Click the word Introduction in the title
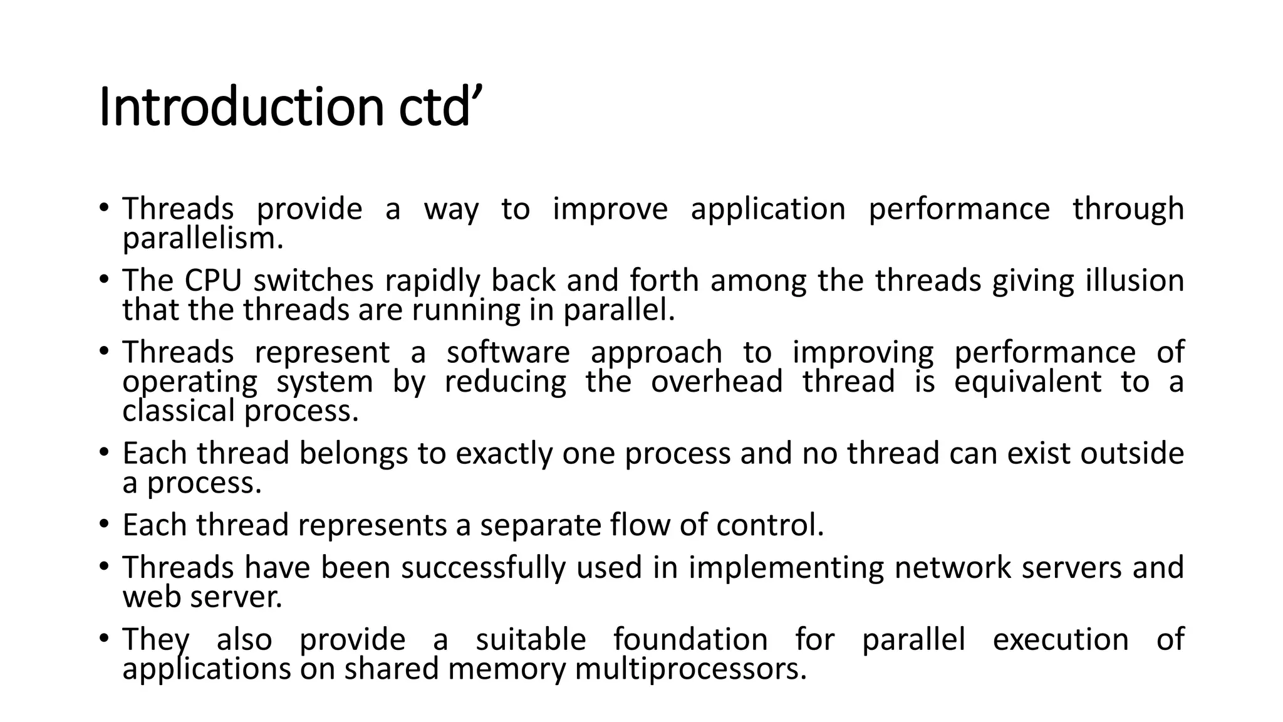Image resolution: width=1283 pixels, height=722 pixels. pos(241,108)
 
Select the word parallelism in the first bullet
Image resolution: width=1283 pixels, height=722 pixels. pos(202,239)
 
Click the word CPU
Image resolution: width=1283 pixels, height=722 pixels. pos(213,280)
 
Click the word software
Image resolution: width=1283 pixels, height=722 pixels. pos(508,352)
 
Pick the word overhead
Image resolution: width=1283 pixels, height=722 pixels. pos(717,382)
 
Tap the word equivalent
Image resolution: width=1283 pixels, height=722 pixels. pos(1027,382)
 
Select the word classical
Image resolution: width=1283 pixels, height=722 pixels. pos(178,411)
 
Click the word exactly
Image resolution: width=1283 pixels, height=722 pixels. pos(504,453)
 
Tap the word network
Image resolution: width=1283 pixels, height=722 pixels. pos(952,567)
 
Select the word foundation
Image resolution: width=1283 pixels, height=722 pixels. pos(690,640)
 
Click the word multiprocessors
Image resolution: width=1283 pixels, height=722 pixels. pos(690,669)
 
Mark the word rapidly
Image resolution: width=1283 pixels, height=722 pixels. pos(432,280)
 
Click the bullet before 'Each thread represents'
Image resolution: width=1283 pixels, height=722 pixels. pos(103,524)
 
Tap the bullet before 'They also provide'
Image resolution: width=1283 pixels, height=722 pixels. pos(103,639)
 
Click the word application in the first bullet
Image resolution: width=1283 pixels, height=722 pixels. pos(768,209)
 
